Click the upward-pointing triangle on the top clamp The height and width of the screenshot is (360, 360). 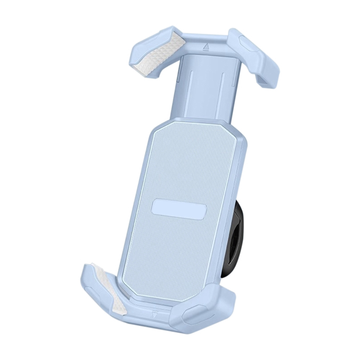[x=206, y=46]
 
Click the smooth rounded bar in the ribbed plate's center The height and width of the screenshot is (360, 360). [x=179, y=209]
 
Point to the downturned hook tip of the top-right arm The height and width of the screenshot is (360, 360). [x=267, y=82]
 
